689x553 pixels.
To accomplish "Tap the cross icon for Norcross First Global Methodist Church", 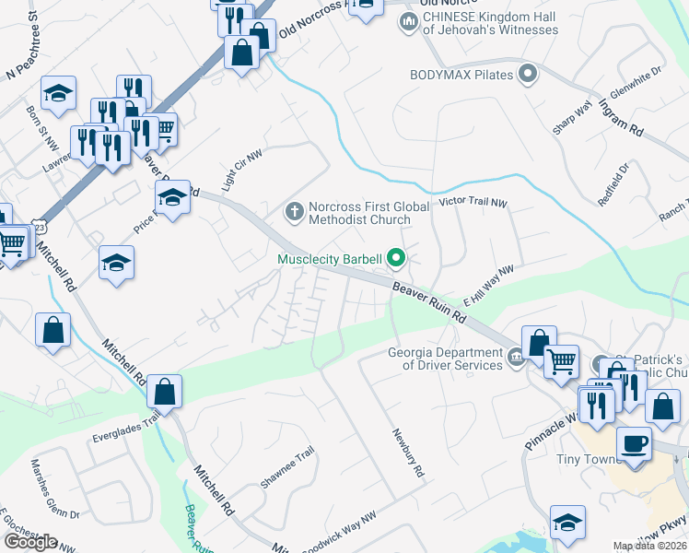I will coord(294,213).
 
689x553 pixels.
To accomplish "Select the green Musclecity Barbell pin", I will coord(397,258).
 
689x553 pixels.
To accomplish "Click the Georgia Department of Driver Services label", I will coord(445,359).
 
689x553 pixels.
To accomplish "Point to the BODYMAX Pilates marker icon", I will coord(528,73).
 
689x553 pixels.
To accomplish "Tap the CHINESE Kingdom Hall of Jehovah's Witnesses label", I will coord(490,23).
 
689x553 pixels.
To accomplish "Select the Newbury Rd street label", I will coord(407,453).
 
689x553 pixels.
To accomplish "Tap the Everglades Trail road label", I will coord(126,426).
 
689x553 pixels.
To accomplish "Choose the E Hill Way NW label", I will coord(487,286).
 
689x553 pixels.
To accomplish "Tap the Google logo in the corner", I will coord(30,542).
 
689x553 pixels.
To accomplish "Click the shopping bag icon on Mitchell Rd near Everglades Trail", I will coord(164,392).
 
